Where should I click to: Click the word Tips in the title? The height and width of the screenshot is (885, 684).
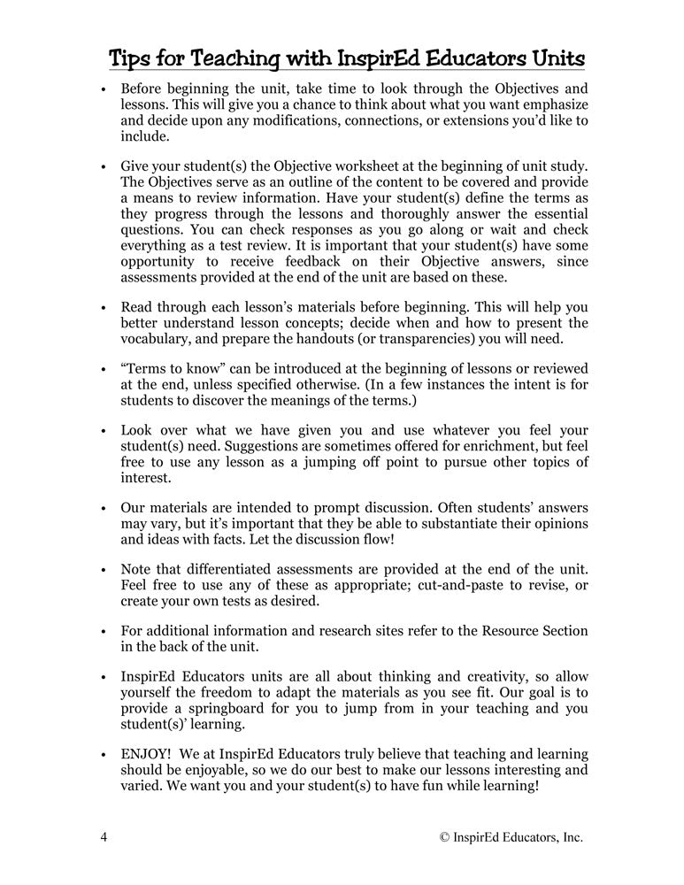(x=129, y=60)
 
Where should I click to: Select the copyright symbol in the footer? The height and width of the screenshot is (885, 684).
(x=444, y=837)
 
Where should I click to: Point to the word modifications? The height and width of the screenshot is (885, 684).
(x=285, y=121)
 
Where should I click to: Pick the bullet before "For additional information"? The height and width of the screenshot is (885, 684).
(x=104, y=632)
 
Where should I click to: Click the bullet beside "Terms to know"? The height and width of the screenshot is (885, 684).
(x=104, y=370)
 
